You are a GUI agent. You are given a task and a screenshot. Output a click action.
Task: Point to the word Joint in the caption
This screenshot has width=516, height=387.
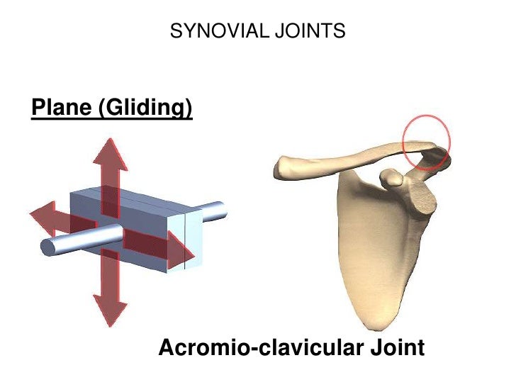coord(393,348)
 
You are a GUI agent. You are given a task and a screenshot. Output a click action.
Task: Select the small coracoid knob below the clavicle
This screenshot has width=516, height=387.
coord(392,178)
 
